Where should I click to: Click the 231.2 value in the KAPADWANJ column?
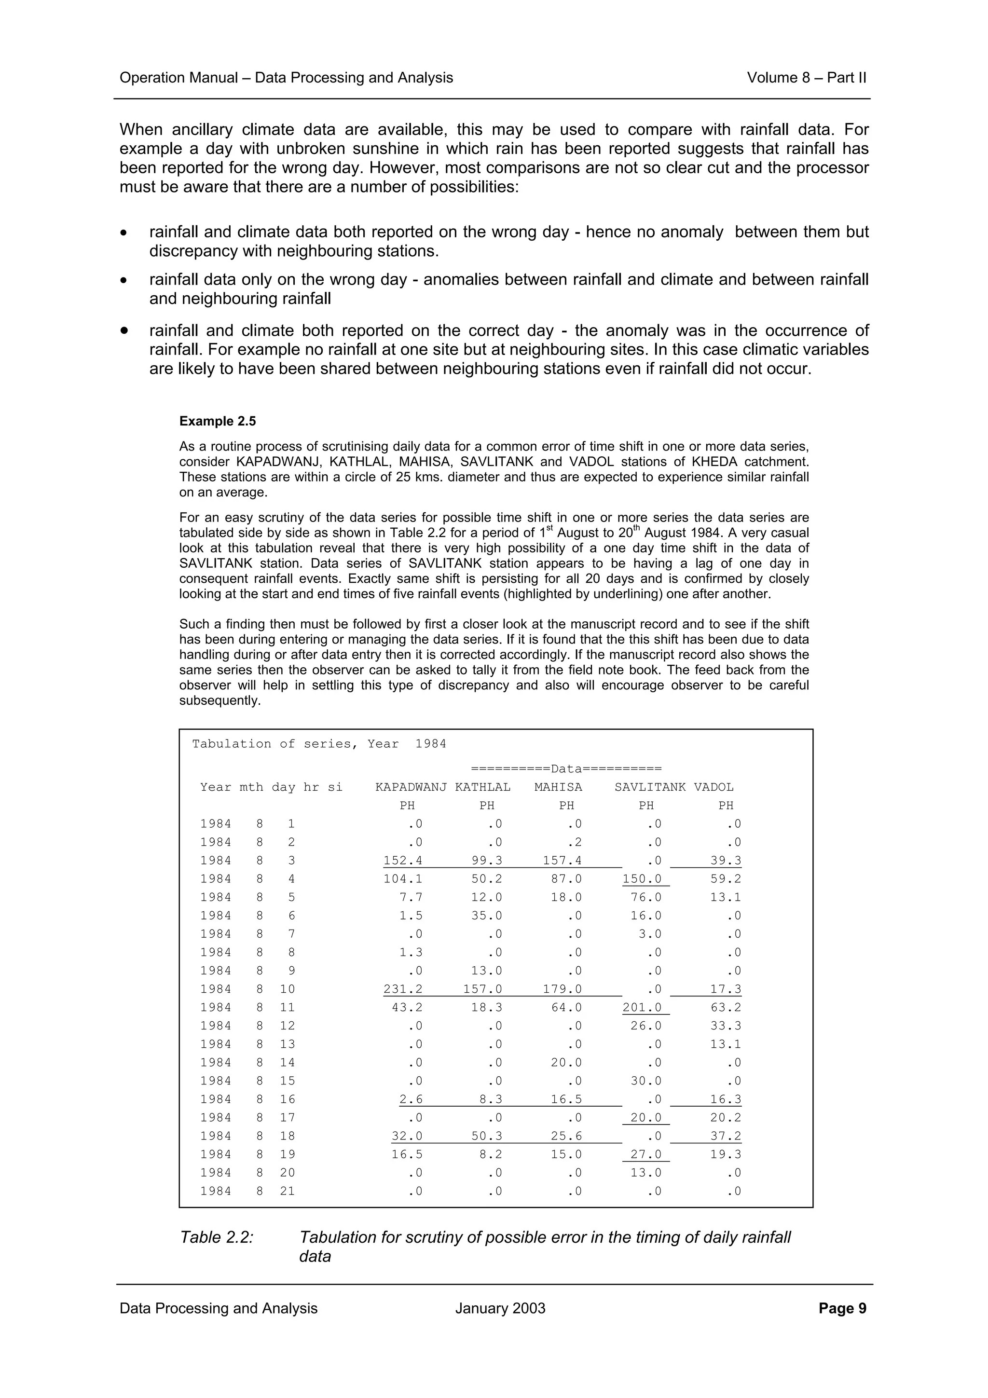pos(402,989)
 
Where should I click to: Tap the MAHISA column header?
pos(558,787)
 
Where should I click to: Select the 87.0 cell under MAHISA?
pos(565,878)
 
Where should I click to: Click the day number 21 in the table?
pos(288,1191)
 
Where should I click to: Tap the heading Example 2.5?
pos(217,421)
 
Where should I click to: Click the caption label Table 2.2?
pos(217,1237)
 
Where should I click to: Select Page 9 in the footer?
pos(842,1308)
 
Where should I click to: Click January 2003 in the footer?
pos(500,1308)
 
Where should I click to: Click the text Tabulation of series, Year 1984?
pos(319,743)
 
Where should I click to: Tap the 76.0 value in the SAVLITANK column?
pos(645,897)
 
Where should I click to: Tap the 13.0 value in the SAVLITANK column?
pos(645,1172)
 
